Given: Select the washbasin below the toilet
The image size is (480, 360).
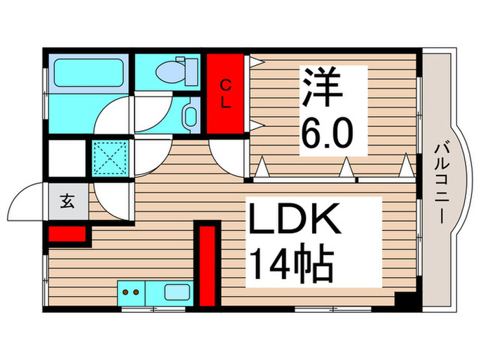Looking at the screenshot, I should point(189,115).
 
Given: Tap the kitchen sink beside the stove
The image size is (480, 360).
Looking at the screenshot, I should point(177,292).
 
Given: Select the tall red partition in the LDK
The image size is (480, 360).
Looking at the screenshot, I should point(207,265).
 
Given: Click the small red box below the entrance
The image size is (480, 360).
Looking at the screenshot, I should point(67,234).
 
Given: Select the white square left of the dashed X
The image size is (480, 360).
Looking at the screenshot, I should point(67,159).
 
